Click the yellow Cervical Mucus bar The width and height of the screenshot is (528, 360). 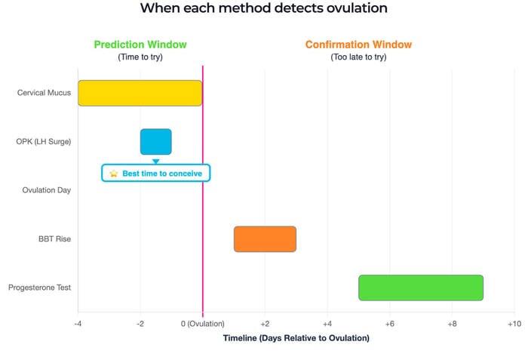140,93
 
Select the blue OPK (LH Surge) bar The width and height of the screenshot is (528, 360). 155,141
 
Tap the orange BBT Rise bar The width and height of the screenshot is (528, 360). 265,238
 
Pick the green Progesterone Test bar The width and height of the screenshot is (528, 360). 420,288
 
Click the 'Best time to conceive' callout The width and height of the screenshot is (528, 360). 156,173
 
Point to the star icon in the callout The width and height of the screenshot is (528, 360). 114,173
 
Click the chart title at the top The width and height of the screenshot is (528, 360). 263,10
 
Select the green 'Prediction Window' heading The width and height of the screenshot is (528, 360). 140,45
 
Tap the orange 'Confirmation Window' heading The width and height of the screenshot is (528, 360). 358,45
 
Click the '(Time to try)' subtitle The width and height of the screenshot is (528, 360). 140,57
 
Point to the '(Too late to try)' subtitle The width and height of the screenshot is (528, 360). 358,57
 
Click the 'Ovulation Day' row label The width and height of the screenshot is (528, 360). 47,190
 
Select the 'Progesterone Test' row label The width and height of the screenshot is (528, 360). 39,288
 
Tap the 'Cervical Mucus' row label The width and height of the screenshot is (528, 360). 45,93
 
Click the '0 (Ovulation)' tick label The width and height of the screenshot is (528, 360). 202,323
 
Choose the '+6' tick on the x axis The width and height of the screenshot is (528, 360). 389,323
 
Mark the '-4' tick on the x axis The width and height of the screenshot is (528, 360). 78,323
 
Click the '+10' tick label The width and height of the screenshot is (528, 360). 514,323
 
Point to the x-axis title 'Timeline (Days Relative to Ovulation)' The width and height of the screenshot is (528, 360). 296,337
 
